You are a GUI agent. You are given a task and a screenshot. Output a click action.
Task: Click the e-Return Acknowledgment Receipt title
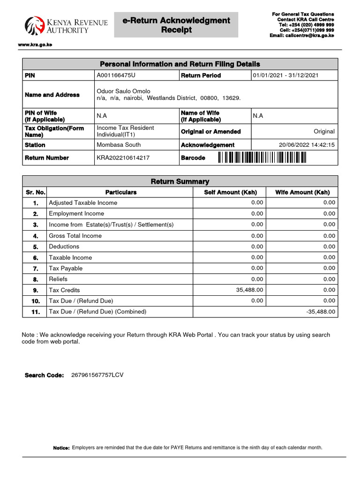click(x=176, y=25)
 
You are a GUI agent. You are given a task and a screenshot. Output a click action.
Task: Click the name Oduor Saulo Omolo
click(x=123, y=91)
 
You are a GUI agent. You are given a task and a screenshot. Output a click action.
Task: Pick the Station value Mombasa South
click(x=119, y=145)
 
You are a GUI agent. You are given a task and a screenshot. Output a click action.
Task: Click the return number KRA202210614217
click(x=123, y=158)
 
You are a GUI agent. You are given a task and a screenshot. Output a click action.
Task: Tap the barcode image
click(x=262, y=158)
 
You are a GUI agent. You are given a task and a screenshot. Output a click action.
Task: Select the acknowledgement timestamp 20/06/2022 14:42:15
click(x=307, y=145)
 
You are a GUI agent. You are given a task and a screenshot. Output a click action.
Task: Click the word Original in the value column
click(x=324, y=132)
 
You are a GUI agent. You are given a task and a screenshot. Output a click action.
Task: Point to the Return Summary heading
click(x=180, y=181)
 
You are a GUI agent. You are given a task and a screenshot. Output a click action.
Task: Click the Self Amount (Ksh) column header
click(x=230, y=192)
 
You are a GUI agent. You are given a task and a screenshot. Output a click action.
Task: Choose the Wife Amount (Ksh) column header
click(x=302, y=192)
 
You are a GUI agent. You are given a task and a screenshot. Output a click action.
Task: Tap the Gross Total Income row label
click(x=75, y=236)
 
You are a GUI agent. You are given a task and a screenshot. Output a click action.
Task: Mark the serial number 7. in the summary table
click(x=35, y=269)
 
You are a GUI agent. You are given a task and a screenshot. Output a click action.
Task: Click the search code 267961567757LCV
click(x=97, y=375)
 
